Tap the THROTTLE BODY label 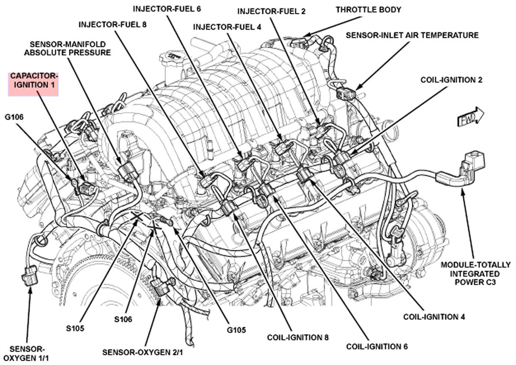coord(368,9)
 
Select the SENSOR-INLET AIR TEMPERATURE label coord(412,35)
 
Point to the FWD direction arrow coord(470,118)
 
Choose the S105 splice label coord(75,328)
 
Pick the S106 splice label coord(123,319)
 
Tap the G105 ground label coord(237,330)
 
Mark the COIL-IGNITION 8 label coord(298,337)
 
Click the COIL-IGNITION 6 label coord(377,346)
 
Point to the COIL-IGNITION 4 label coord(434,317)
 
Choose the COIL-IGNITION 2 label coord(451,80)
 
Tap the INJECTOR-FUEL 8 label coord(113,25)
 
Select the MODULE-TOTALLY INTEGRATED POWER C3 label coord(476,274)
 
